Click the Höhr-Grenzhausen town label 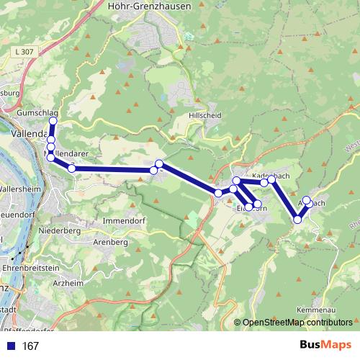click(148, 5)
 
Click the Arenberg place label click(110, 243)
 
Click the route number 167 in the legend click(30, 346)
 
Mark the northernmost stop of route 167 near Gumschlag click(53, 121)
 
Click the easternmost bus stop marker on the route click(307, 200)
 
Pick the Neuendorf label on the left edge click(16, 215)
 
